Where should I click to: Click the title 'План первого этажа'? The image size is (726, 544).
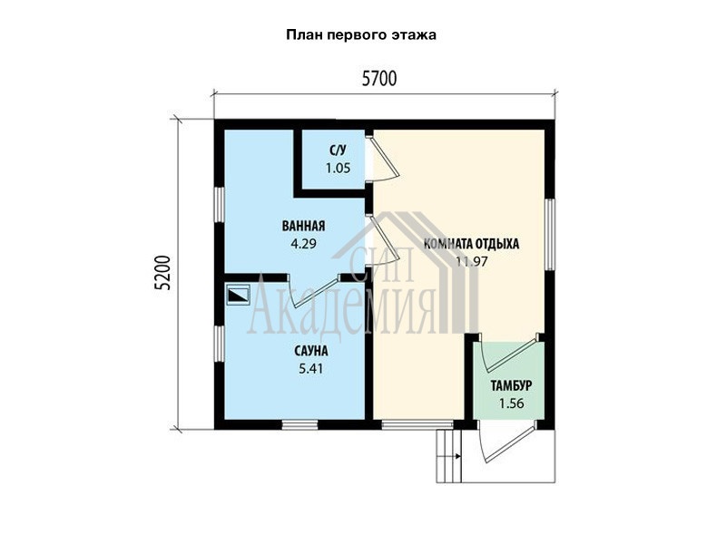click(360, 35)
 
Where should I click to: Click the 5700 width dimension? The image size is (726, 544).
click(379, 79)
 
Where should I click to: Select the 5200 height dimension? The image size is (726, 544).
click(163, 273)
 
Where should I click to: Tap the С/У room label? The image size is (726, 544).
click(338, 151)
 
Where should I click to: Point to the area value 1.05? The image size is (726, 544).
click(338, 168)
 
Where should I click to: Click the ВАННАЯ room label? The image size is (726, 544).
click(303, 226)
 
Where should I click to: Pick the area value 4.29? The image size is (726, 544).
click(303, 243)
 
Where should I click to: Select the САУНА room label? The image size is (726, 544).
click(311, 351)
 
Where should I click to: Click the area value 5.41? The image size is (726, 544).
click(311, 369)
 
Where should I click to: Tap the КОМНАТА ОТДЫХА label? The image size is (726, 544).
click(471, 244)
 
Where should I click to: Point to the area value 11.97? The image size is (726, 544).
click(471, 261)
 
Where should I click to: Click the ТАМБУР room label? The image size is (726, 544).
click(511, 386)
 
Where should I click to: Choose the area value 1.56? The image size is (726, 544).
click(512, 403)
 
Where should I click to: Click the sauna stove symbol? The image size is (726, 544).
click(239, 295)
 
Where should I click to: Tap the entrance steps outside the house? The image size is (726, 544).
click(449, 456)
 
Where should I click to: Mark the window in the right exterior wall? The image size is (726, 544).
click(550, 235)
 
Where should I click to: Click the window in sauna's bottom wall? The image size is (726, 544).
click(300, 424)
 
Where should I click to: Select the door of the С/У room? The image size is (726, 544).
click(382, 158)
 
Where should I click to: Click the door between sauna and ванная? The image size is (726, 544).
click(313, 290)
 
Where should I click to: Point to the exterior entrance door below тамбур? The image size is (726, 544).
click(507, 442)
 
